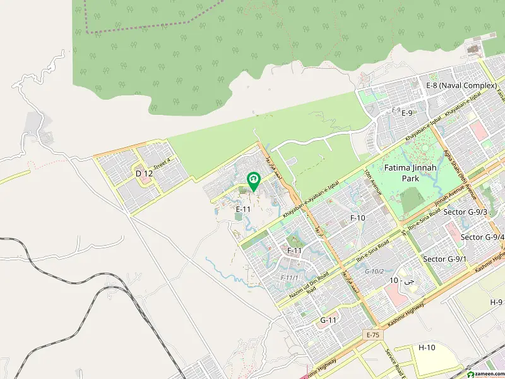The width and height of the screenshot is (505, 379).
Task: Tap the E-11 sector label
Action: click(244, 208)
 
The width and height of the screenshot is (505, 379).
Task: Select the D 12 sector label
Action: click(144, 173)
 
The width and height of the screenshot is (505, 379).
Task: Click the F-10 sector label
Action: click(358, 217)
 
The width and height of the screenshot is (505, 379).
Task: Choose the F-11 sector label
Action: click(294, 251)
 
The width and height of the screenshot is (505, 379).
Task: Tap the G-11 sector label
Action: click(328, 320)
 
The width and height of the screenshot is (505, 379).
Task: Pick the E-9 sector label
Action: click(407, 113)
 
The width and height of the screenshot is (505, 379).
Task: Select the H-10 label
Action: click(427, 347)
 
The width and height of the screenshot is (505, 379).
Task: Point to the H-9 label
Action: click(496, 303)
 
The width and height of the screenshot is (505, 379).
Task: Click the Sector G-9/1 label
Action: click(444, 259)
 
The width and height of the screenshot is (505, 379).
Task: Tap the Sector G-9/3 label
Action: click(466, 212)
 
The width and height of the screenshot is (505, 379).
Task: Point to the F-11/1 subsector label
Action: click(289, 277)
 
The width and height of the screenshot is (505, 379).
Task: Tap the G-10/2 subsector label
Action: click(374, 271)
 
